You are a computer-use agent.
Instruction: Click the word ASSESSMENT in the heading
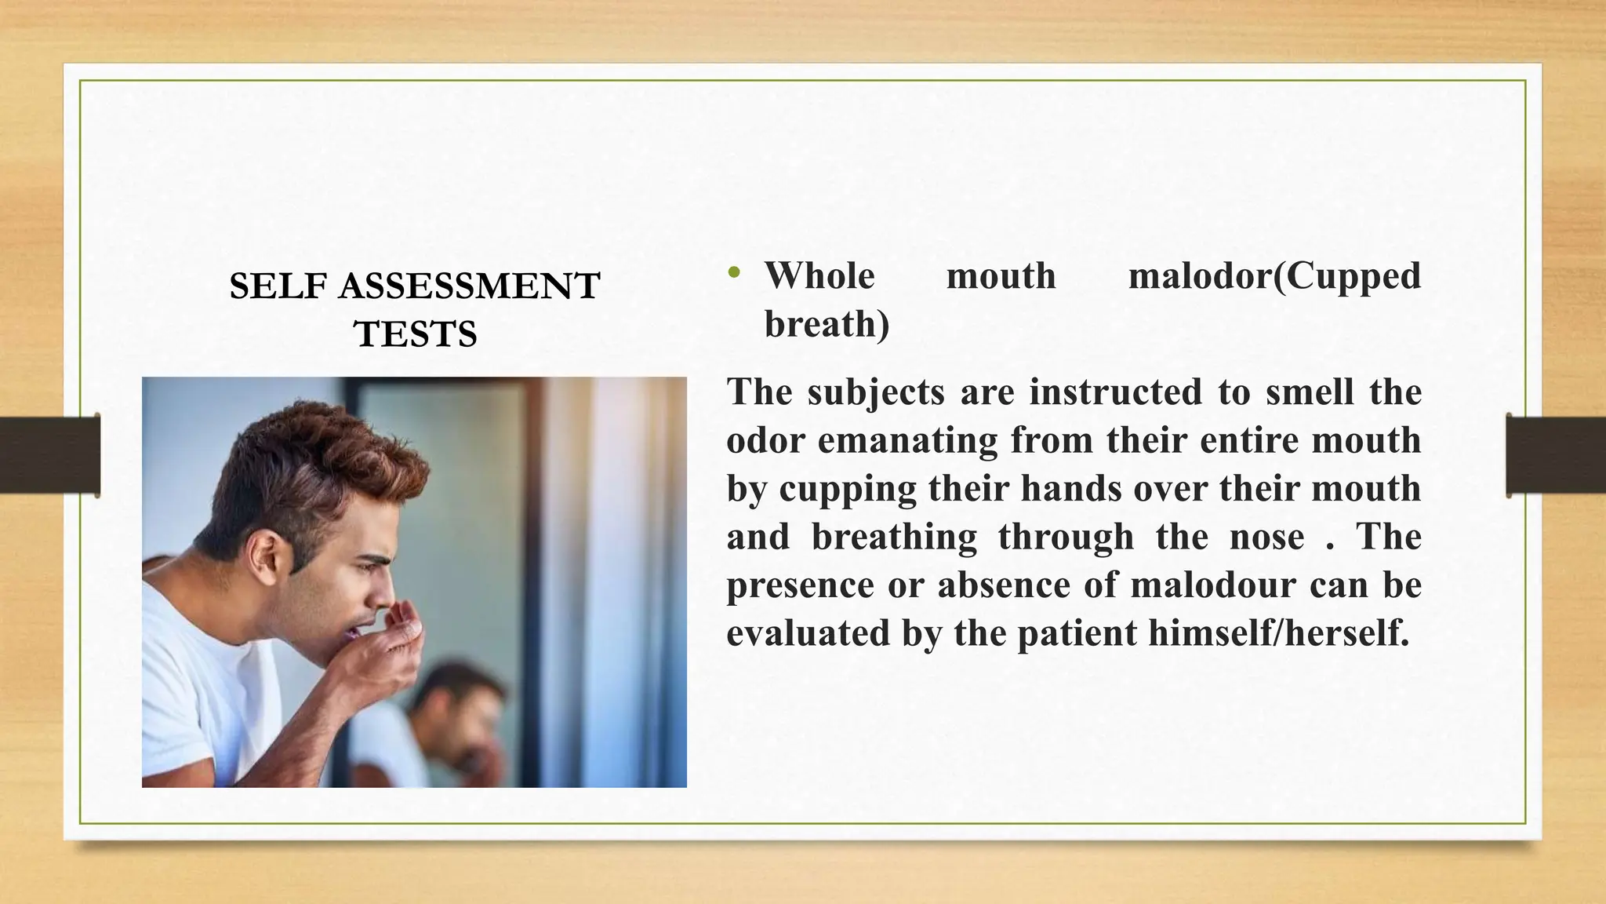[469, 286]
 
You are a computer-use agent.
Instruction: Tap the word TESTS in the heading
[415, 334]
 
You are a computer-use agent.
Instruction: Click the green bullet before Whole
[733, 274]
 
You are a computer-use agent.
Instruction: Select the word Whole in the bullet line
[819, 276]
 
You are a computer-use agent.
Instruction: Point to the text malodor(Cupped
[1274, 276]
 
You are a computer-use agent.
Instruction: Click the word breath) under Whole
[827, 325]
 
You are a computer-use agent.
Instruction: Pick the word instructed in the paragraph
[1115, 392]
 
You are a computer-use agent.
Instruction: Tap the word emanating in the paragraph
[907, 440]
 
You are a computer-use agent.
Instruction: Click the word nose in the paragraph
[1266, 538]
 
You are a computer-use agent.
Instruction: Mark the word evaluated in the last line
[808, 634]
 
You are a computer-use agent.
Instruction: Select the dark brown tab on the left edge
[49, 455]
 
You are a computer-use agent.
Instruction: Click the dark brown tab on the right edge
[1556, 455]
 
